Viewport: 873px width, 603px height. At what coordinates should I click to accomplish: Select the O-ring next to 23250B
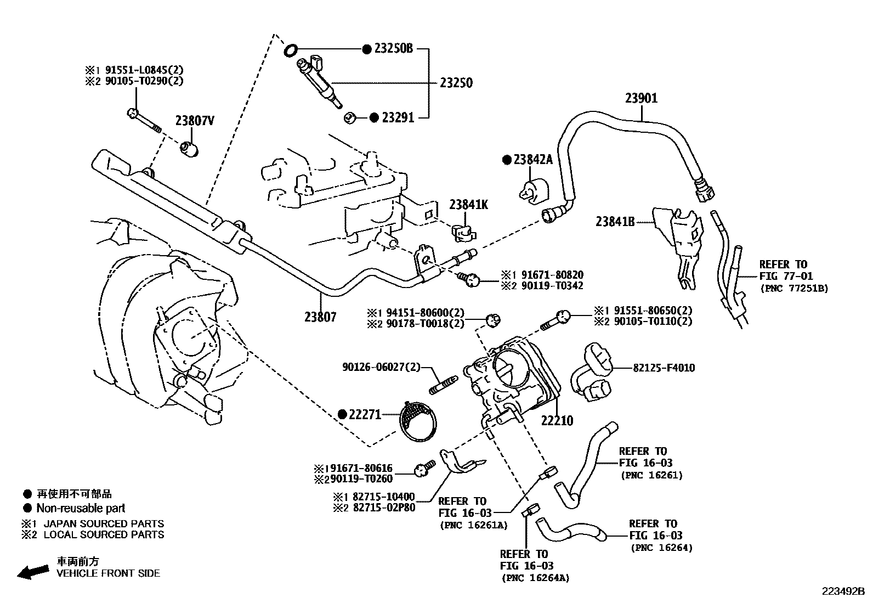[x=291, y=51]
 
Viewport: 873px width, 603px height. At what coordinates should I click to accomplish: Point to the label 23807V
[x=195, y=121]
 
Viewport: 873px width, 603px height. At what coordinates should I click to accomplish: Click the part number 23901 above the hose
[x=641, y=98]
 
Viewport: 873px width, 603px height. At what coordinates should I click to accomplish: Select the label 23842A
[x=533, y=160]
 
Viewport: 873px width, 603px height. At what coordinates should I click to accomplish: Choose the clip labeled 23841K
[x=463, y=233]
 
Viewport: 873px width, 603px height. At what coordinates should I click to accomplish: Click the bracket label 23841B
[x=615, y=222]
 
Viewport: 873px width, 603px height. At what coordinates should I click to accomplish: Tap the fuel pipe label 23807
[x=320, y=317]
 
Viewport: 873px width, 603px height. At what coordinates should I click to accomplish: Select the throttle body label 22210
[x=557, y=421]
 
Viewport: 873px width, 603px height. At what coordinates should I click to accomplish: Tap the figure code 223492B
[x=842, y=591]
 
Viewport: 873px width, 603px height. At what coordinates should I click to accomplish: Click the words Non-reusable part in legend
[x=81, y=508]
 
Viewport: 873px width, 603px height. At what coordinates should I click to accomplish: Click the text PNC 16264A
[x=535, y=578]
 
